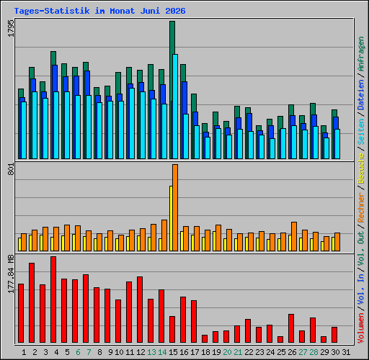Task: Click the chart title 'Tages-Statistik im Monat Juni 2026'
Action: [99, 11]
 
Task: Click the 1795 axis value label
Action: [11, 28]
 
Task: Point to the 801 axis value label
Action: [11, 168]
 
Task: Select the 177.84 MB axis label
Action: [11, 274]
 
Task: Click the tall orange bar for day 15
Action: [175, 207]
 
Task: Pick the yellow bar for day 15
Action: [171, 218]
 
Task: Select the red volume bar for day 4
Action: [53, 300]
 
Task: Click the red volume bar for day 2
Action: [32, 302]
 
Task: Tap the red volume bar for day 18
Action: [205, 338]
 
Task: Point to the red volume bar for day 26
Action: [291, 328]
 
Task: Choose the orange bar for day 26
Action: [294, 236]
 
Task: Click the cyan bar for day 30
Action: [337, 144]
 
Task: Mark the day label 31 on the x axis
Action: [346, 352]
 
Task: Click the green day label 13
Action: [151, 352]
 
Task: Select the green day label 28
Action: [314, 352]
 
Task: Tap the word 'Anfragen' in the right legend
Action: [361, 54]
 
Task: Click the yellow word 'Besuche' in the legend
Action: [361, 168]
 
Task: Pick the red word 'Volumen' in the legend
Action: [361, 328]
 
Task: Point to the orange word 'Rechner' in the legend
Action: [361, 207]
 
